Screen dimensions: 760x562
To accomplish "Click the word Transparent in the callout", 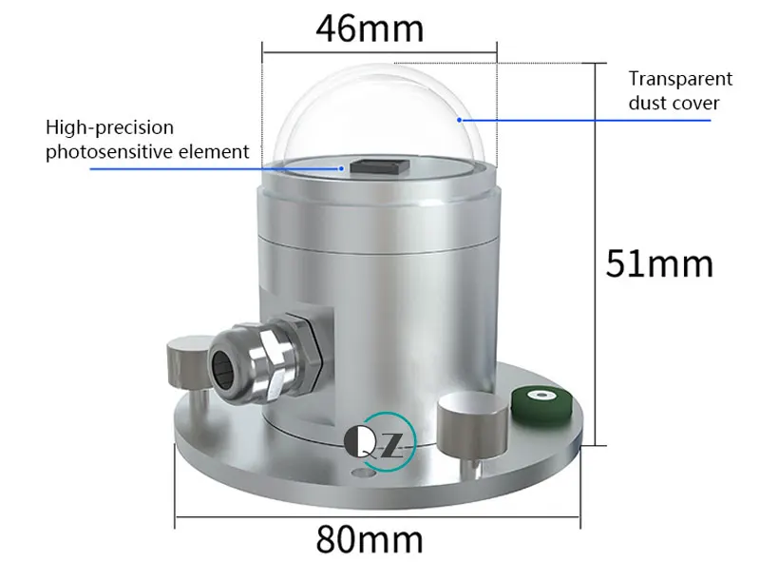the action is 680,80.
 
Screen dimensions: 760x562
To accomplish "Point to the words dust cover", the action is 674,103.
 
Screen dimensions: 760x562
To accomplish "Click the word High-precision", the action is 110,127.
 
